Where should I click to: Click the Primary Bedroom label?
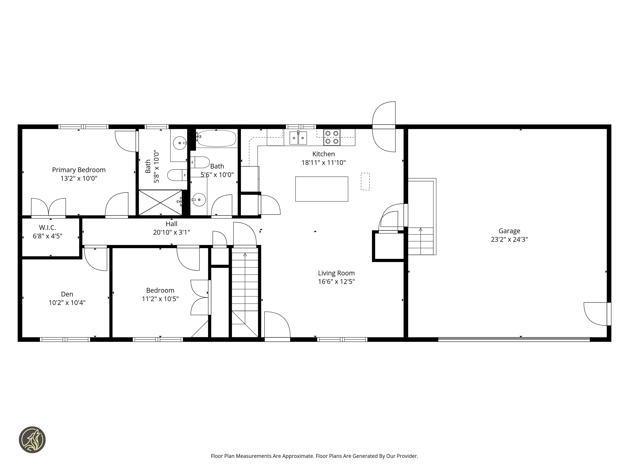(79, 170)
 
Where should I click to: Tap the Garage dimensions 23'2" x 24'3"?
(509, 239)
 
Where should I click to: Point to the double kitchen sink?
(298, 138)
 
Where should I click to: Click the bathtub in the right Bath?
(216, 138)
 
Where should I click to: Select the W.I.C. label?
(48, 228)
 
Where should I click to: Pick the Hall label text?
(171, 224)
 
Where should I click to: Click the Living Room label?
(336, 273)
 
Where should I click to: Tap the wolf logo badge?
(32, 440)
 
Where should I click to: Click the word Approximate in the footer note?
(298, 456)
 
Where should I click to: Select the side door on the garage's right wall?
(609, 314)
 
